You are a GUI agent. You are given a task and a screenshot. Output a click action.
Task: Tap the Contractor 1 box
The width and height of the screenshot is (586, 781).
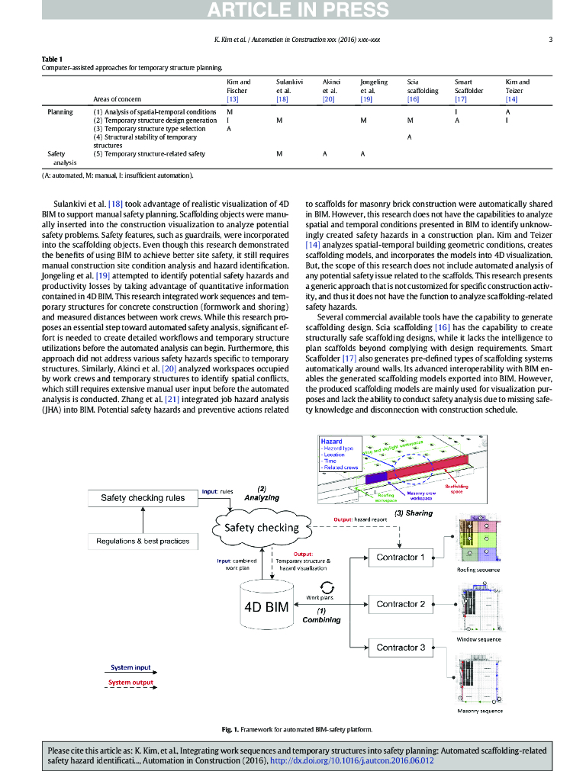point(400,557)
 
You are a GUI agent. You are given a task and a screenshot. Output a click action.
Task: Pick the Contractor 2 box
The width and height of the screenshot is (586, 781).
point(400,604)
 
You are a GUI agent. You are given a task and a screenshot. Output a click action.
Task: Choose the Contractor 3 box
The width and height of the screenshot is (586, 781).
point(400,648)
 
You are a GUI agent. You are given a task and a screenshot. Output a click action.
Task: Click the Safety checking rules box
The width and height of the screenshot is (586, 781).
point(143,498)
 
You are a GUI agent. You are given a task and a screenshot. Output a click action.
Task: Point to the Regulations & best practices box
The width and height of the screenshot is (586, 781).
point(143,542)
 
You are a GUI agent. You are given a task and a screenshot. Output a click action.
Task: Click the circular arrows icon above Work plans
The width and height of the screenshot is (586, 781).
point(327,587)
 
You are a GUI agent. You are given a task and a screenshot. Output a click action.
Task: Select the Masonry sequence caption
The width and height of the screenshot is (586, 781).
point(479,711)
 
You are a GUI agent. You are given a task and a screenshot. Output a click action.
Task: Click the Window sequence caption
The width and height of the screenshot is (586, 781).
point(478,639)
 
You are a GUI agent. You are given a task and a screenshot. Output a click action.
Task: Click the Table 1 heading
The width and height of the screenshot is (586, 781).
point(53,59)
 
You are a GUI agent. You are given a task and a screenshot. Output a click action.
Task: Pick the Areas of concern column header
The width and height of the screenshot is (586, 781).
point(118,99)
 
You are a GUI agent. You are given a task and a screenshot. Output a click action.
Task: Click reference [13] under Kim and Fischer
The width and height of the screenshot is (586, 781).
point(233,99)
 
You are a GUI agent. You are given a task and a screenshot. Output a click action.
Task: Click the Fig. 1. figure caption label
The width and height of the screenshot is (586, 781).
point(232,730)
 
